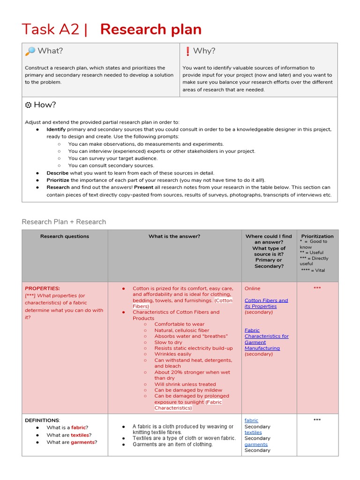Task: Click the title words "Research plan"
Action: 150,30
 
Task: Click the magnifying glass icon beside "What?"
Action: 30,51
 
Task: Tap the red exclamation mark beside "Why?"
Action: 187,51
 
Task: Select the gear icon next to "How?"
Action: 28,105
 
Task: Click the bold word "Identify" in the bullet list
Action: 56,129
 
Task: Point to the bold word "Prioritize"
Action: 58,180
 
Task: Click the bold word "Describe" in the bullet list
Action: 57,173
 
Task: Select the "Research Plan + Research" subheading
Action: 64,222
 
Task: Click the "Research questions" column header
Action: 65,236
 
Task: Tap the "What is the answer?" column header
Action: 174,236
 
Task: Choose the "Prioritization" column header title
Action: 317,236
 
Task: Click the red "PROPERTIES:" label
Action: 42,288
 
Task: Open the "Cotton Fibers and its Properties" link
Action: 266,303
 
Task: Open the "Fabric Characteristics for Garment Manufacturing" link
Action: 266,339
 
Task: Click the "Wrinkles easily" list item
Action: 172,354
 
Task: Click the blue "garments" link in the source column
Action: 256,444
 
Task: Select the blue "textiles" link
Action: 253,432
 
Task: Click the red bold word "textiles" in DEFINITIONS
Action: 80,435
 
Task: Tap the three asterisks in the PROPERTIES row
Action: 317,288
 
